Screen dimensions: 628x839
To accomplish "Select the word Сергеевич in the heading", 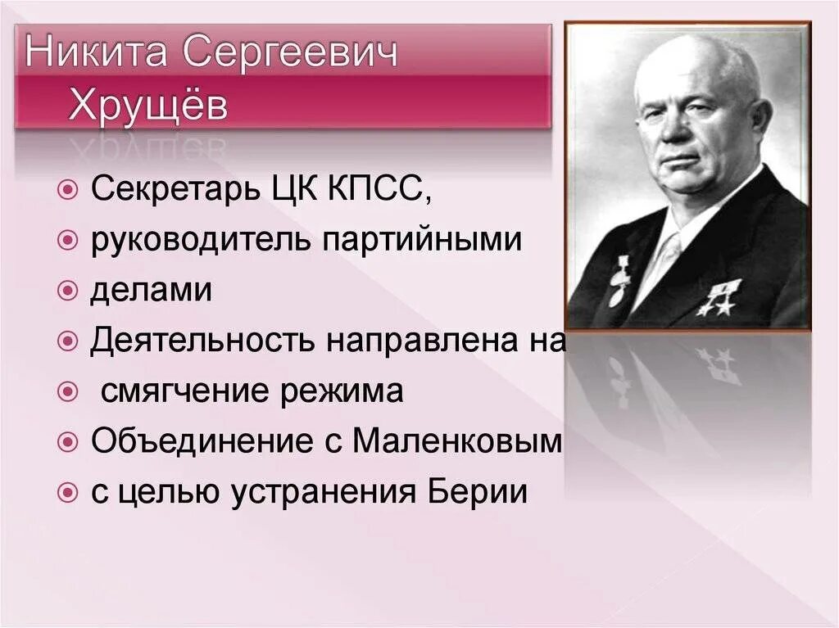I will pyautogui.click(x=290, y=55).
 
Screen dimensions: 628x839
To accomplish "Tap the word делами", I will pyautogui.click(x=151, y=291).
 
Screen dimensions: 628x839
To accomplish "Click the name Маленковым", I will pyautogui.click(x=458, y=441).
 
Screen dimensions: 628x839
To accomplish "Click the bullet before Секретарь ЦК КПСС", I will pyautogui.click(x=69, y=192).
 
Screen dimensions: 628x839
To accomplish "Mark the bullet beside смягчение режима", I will pyautogui.click(x=69, y=392).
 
